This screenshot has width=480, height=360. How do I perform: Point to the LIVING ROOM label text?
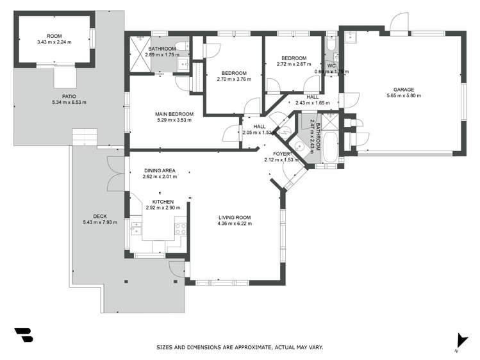(234, 217)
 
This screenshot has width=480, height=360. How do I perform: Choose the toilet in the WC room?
(329, 45)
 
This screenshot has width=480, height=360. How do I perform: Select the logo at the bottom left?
(23, 336)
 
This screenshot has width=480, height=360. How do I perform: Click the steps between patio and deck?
(84, 136)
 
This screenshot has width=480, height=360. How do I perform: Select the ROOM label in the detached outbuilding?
(55, 36)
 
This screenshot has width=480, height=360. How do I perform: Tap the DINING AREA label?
(160, 170)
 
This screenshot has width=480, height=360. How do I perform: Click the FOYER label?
(282, 154)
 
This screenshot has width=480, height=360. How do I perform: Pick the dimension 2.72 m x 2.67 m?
(294, 64)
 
